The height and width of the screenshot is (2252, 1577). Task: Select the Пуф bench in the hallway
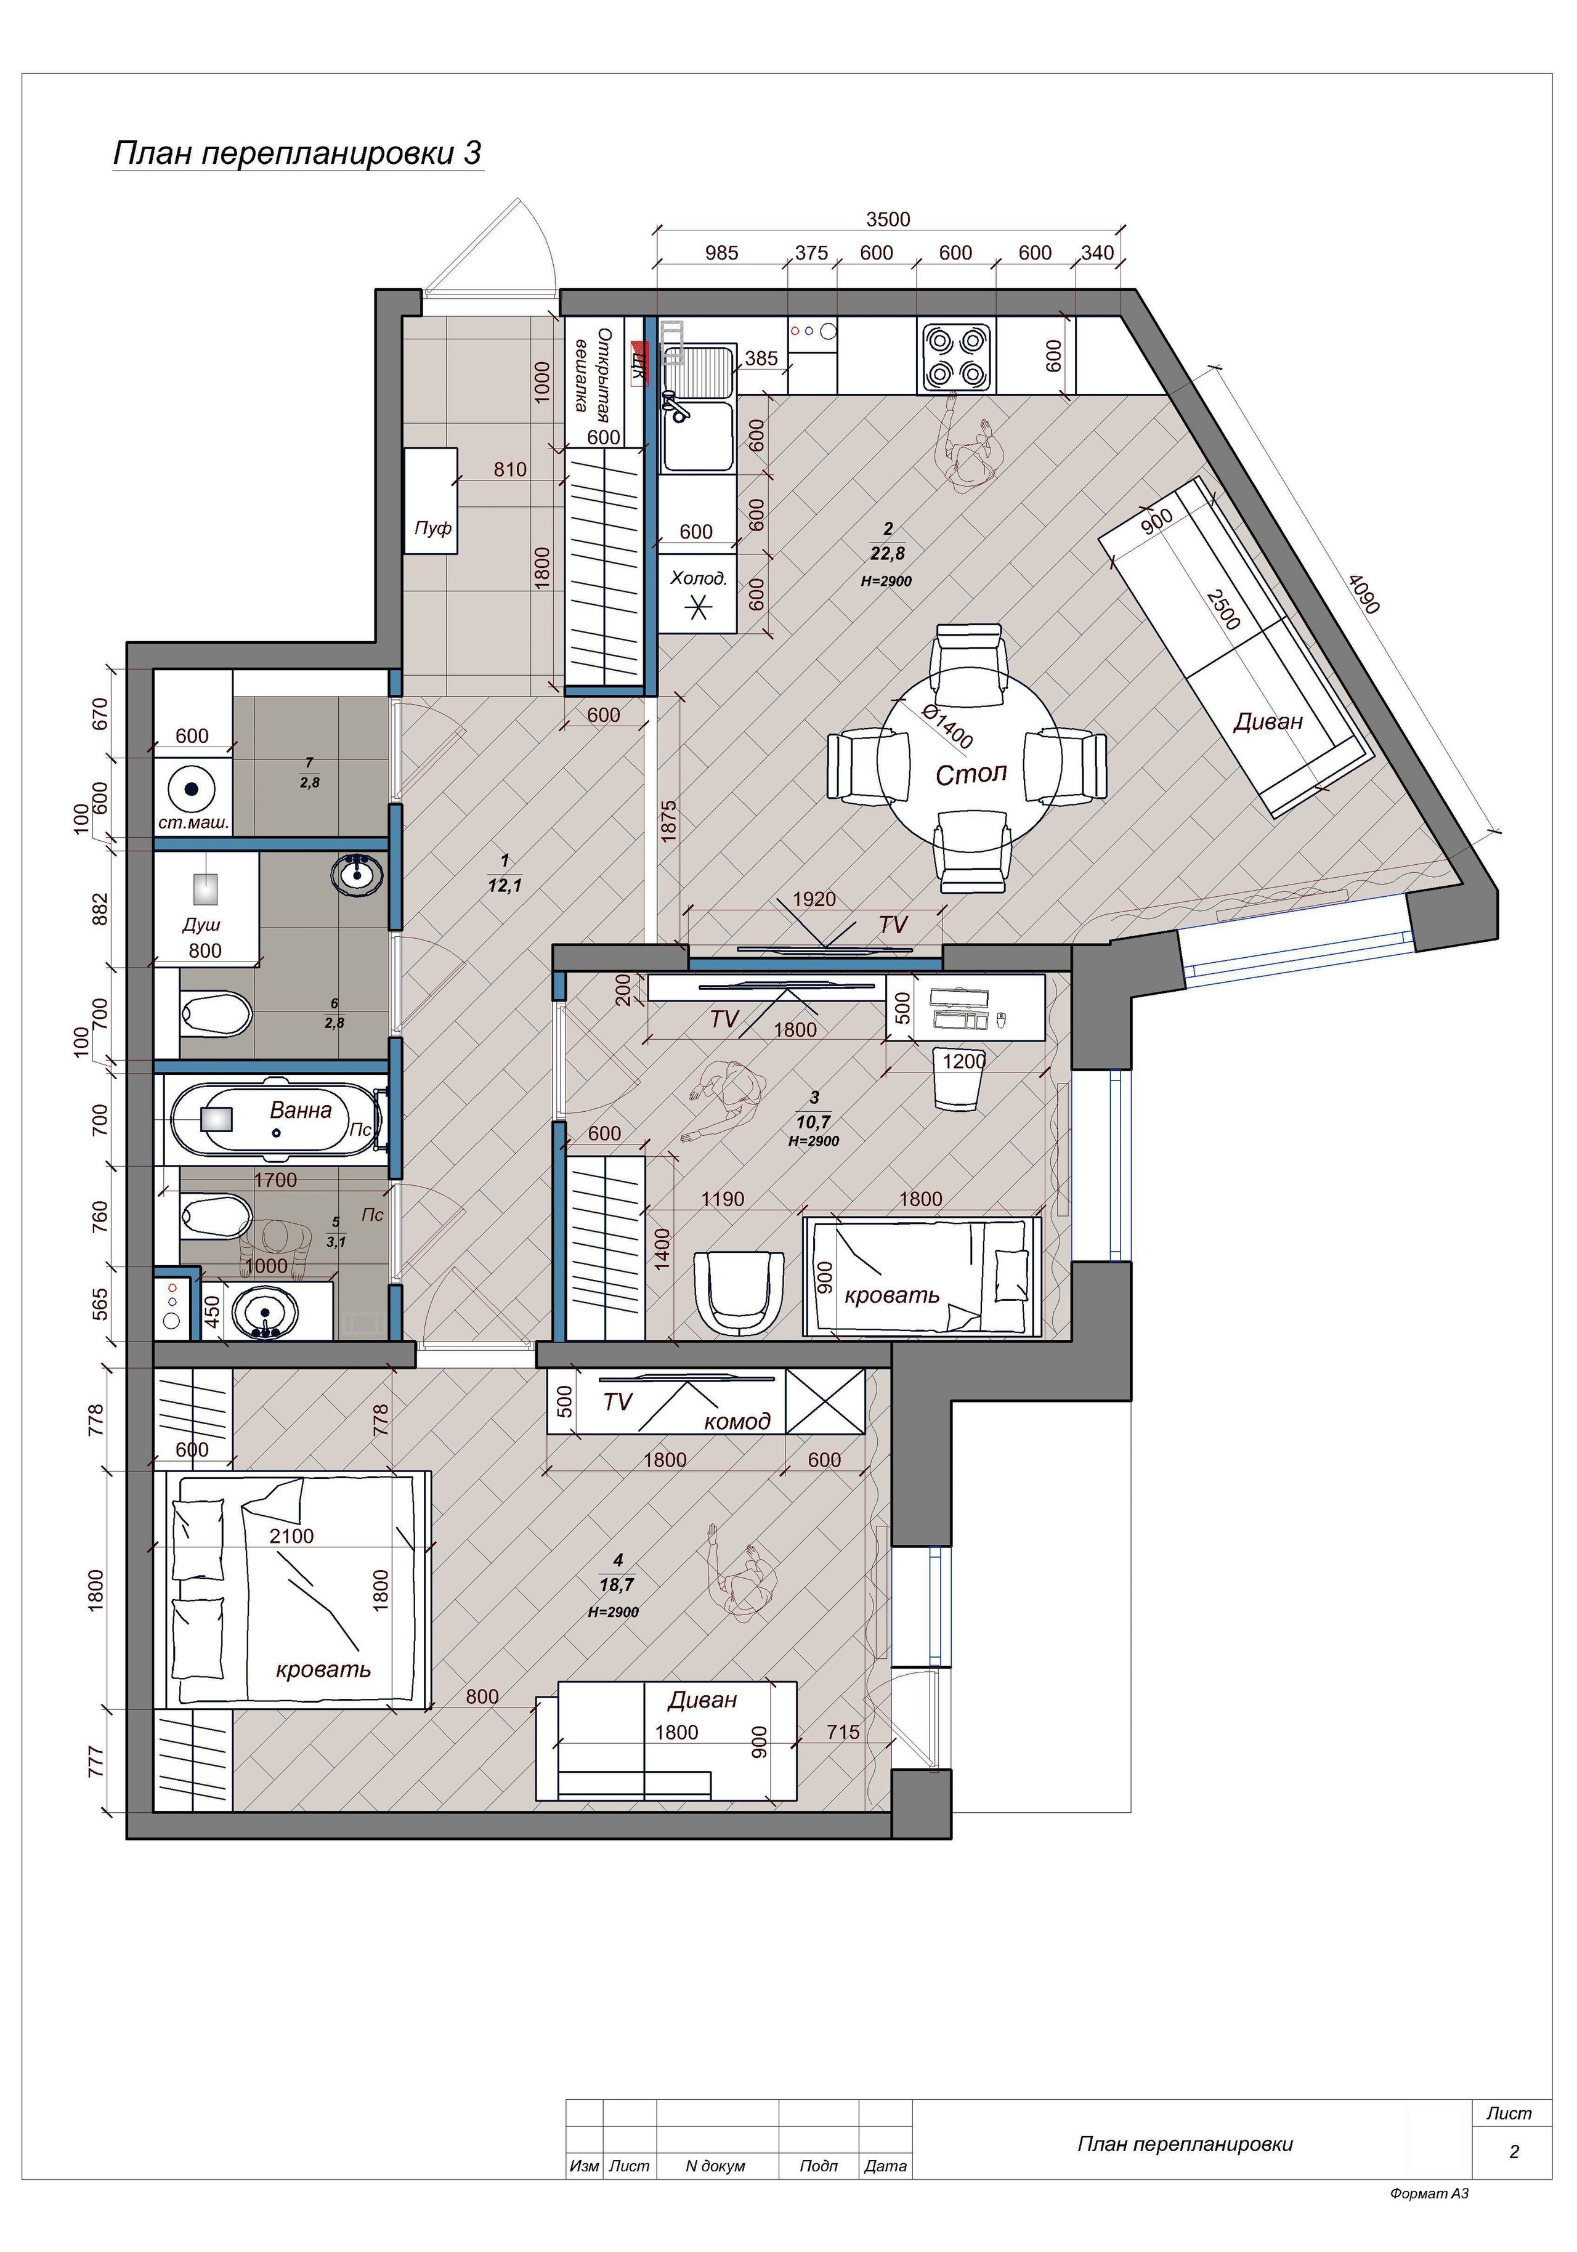(x=431, y=501)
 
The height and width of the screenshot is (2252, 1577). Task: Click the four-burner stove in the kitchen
(x=956, y=357)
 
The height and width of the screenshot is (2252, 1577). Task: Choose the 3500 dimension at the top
(x=888, y=220)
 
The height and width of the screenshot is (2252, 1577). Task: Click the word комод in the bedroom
(x=737, y=1421)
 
